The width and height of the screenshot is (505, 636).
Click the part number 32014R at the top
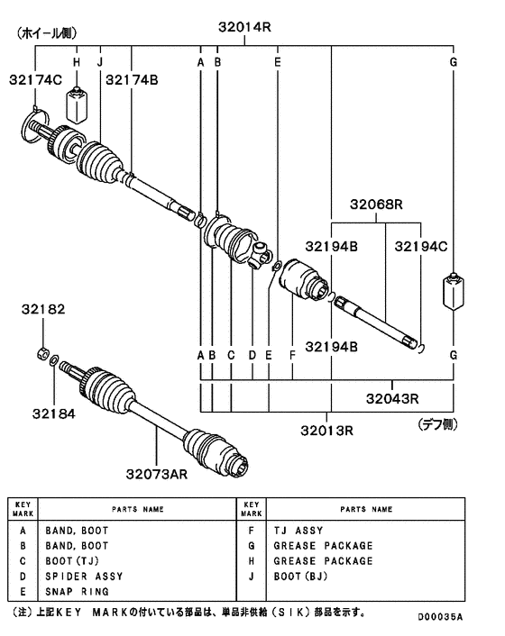pyautogui.click(x=243, y=27)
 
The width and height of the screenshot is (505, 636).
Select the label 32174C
pyautogui.click(x=37, y=80)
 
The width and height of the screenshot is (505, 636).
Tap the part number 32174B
pyautogui.click(x=132, y=80)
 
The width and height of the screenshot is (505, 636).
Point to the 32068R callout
pyautogui.click(x=376, y=204)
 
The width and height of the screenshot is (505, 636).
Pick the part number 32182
pyautogui.click(x=43, y=309)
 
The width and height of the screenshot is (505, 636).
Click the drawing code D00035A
pyautogui.click(x=440, y=617)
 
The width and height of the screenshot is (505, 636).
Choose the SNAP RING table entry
pyautogui.click(x=77, y=591)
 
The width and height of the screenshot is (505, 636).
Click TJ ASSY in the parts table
pyautogui.click(x=297, y=531)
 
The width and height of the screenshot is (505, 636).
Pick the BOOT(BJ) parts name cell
pyautogui.click(x=301, y=576)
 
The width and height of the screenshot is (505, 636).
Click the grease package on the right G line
pyautogui.click(x=453, y=294)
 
